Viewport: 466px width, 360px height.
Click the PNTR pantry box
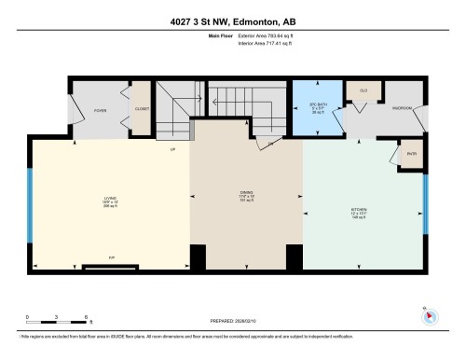pyautogui.click(x=410, y=154)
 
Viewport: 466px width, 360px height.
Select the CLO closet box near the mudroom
pyautogui.click(x=363, y=91)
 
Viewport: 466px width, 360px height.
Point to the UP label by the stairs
pyautogui.click(x=172, y=149)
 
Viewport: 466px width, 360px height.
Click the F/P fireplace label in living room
pyautogui.click(x=111, y=257)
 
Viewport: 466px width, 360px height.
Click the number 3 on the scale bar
pyautogui.click(x=56, y=317)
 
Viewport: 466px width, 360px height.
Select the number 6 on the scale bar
pyautogui.click(x=85, y=317)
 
